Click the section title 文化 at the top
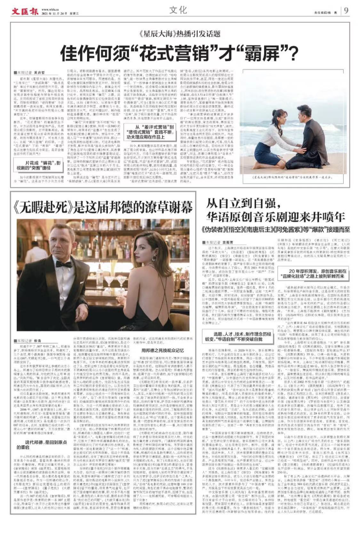click(x=178, y=10)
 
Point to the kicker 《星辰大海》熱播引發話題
click(x=180, y=33)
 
